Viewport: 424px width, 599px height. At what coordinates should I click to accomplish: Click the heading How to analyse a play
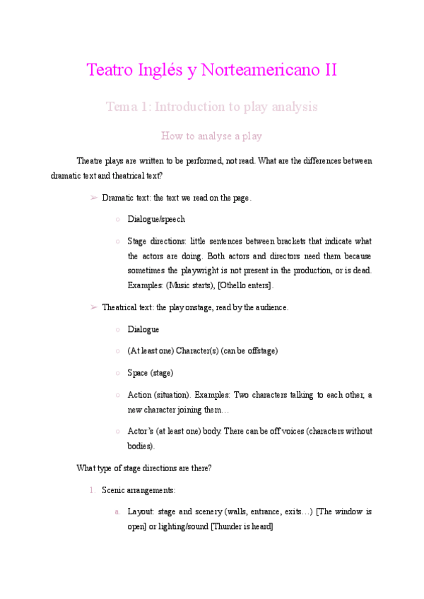click(x=212, y=136)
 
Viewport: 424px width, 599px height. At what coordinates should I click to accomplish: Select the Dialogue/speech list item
click(x=156, y=220)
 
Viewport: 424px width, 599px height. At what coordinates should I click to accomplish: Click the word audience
click(x=268, y=308)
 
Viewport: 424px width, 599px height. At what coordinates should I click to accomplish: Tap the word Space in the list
click(x=138, y=373)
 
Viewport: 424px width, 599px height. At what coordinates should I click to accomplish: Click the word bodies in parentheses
click(x=140, y=446)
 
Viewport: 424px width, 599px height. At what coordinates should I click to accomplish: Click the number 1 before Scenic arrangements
click(x=92, y=490)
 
